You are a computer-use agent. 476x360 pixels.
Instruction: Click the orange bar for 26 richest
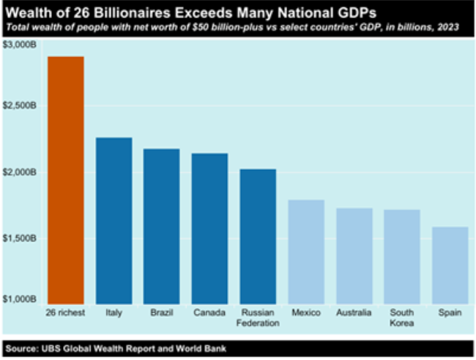pyautogui.click(x=66, y=178)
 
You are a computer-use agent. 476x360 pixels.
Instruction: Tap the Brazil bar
pyautogui.click(x=162, y=224)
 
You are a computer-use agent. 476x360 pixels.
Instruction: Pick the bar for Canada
pyautogui.click(x=209, y=226)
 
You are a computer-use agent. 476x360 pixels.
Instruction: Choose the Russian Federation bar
pyautogui.click(x=258, y=234)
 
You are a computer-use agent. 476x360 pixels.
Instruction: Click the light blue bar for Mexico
pyautogui.click(x=306, y=250)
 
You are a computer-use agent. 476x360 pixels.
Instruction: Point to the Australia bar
pyautogui.click(x=354, y=254)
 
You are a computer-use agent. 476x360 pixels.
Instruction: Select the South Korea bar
pyautogui.click(x=402, y=255)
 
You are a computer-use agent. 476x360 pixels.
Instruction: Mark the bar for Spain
pyautogui.click(x=450, y=263)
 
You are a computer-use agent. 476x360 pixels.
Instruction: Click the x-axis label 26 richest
pyautogui.click(x=66, y=312)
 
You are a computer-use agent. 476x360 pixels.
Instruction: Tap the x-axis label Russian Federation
pyautogui.click(x=258, y=316)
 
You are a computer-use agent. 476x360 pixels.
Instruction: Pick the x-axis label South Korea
pyautogui.click(x=402, y=316)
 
